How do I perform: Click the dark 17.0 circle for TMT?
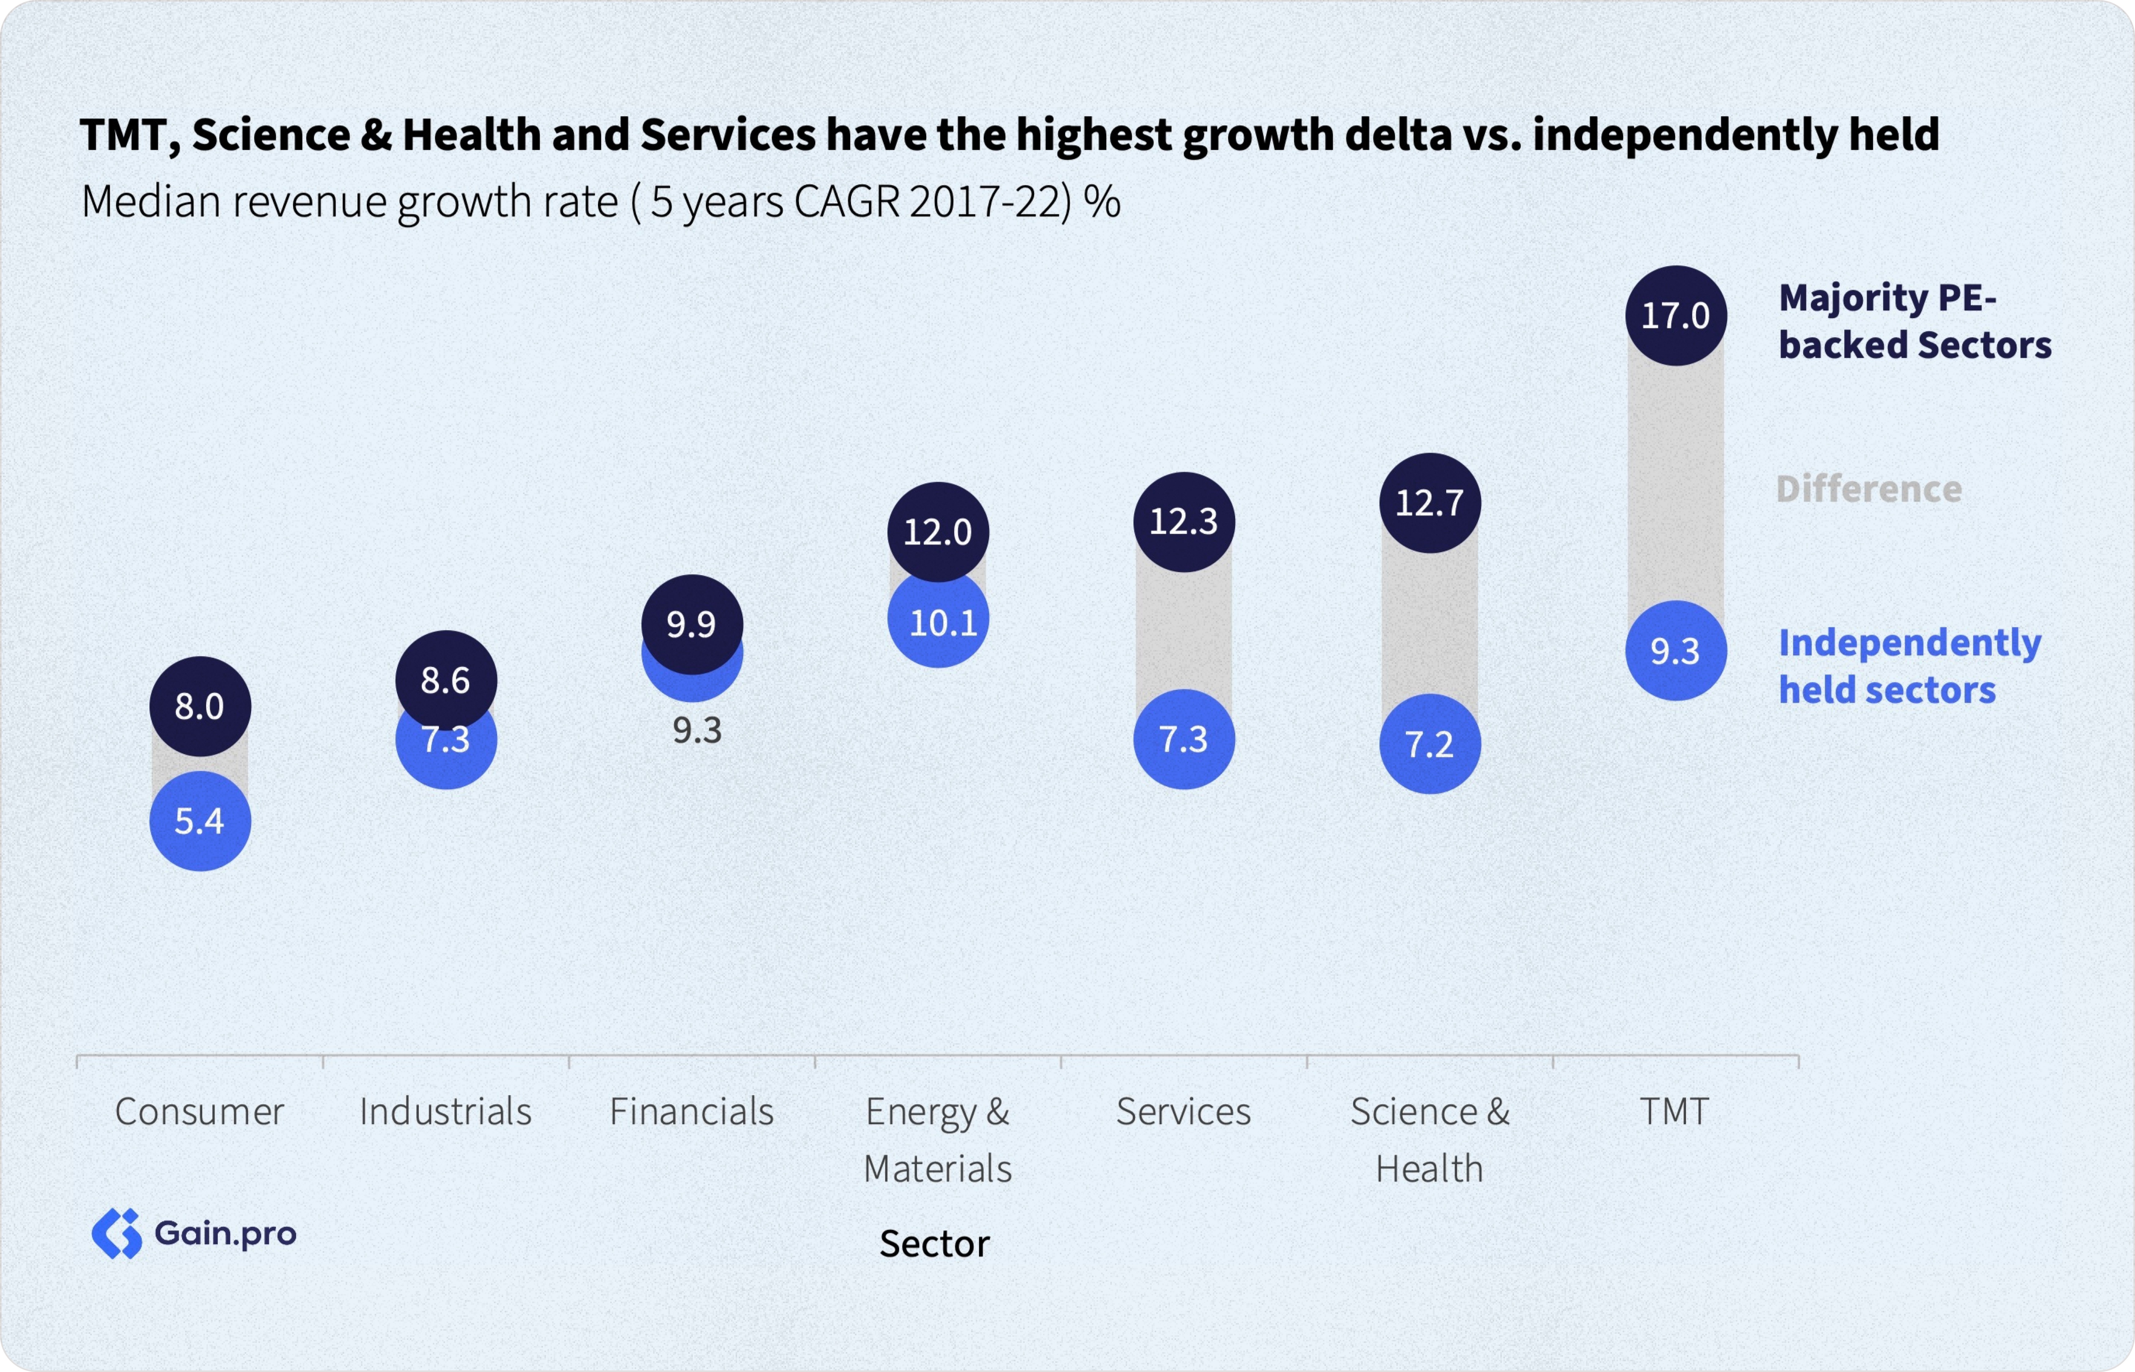pyautogui.click(x=1675, y=315)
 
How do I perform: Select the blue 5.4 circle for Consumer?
pyautogui.click(x=199, y=820)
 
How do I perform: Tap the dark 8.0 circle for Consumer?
pyautogui.click(x=199, y=706)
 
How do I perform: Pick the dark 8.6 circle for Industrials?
pyautogui.click(x=445, y=680)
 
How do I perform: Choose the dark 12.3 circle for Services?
pyautogui.click(x=1184, y=521)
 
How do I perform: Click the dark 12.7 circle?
pyautogui.click(x=1430, y=503)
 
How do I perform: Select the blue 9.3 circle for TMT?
pyautogui.click(x=1675, y=650)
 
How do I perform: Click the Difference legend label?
pyautogui.click(x=1869, y=488)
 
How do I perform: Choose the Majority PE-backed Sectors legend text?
pyautogui.click(x=1914, y=321)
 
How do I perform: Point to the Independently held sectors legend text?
pyautogui.click(x=1909, y=666)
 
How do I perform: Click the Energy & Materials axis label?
pyautogui.click(x=938, y=1140)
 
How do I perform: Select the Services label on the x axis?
pyautogui.click(x=1184, y=1111)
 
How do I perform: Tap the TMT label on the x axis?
pyautogui.click(x=1675, y=1111)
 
